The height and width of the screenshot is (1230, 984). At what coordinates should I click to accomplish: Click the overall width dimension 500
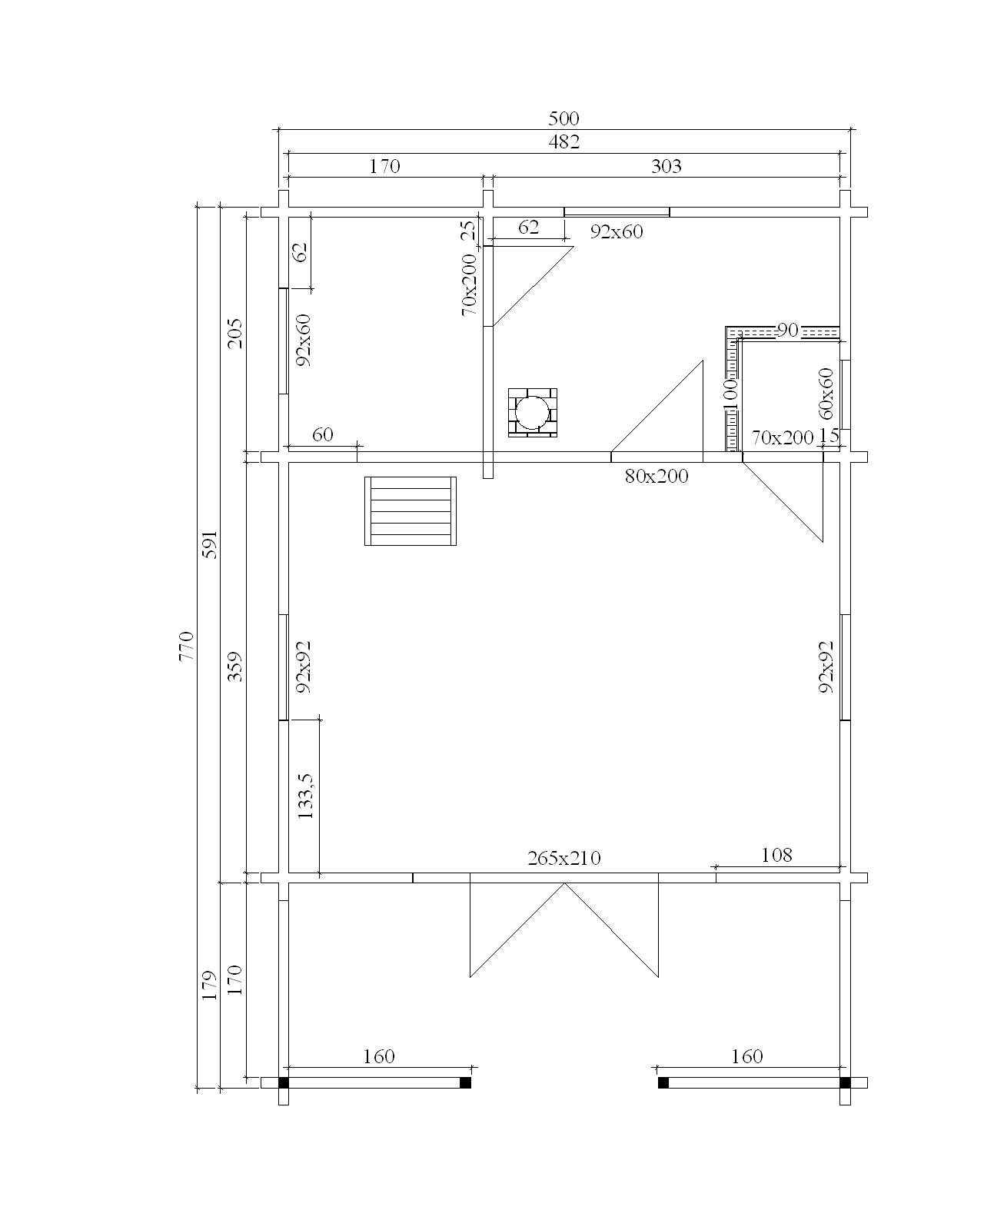pyautogui.click(x=563, y=119)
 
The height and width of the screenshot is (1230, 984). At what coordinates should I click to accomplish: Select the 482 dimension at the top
pyautogui.click(x=563, y=141)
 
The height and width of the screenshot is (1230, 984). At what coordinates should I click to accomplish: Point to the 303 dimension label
pyautogui.click(x=666, y=166)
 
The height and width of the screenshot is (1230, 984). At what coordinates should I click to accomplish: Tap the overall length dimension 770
pyautogui.click(x=187, y=645)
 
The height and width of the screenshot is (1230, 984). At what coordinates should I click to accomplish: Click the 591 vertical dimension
pyautogui.click(x=211, y=544)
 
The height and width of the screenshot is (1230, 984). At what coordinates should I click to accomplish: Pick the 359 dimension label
pyautogui.click(x=235, y=667)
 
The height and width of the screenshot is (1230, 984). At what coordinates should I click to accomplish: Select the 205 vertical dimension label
pyautogui.click(x=235, y=333)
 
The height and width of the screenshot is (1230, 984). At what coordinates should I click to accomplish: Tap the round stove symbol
pyautogui.click(x=532, y=412)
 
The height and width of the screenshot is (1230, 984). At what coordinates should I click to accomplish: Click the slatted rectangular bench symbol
pyautogui.click(x=411, y=511)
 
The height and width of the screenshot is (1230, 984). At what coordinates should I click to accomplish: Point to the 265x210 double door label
pyautogui.click(x=563, y=858)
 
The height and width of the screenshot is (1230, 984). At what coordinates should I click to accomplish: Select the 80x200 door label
pyautogui.click(x=657, y=476)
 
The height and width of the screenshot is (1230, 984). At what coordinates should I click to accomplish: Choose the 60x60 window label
pyautogui.click(x=826, y=394)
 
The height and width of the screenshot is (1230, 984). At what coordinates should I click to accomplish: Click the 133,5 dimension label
pyautogui.click(x=306, y=796)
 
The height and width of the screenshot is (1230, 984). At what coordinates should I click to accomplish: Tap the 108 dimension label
pyautogui.click(x=776, y=855)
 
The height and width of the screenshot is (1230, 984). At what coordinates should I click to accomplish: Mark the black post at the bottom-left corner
pyautogui.click(x=284, y=1082)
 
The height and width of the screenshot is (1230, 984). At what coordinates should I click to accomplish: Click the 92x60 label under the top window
pyautogui.click(x=617, y=232)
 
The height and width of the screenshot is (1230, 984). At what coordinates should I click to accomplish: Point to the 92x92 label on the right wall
pyautogui.click(x=826, y=667)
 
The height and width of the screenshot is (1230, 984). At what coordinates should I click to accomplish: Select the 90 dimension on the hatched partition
pyautogui.click(x=788, y=330)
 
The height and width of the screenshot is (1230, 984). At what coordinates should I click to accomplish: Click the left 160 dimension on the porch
pyautogui.click(x=379, y=1056)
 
